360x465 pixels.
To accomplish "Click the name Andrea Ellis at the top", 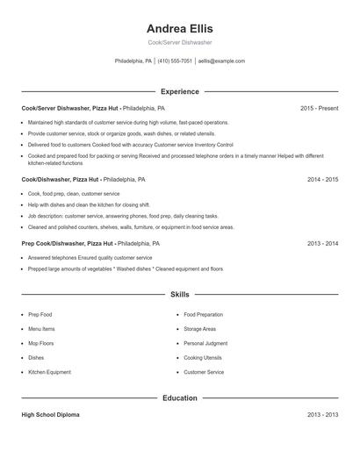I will (179, 28).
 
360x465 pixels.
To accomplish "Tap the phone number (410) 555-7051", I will (175, 61).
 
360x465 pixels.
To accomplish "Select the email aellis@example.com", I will (221, 61).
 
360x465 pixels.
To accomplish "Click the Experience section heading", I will (179, 91).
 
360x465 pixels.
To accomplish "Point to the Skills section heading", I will (179, 295).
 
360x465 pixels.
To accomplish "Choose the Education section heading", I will (179, 397).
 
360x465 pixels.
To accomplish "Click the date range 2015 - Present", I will (319, 108).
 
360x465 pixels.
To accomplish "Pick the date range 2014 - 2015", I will (322, 179).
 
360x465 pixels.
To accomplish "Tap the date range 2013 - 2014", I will (322, 243).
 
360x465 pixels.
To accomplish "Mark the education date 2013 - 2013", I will (322, 415).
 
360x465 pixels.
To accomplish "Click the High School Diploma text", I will (50, 415).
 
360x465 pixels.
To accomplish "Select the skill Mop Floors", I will (40, 343).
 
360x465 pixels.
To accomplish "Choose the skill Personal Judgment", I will (205, 343).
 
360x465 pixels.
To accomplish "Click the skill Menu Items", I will (41, 329).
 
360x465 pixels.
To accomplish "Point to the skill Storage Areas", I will (200, 329).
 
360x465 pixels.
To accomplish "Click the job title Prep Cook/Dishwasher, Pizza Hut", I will (68, 243).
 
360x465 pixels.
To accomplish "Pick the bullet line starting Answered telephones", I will (90, 258).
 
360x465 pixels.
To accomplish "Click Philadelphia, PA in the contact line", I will (133, 61).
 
